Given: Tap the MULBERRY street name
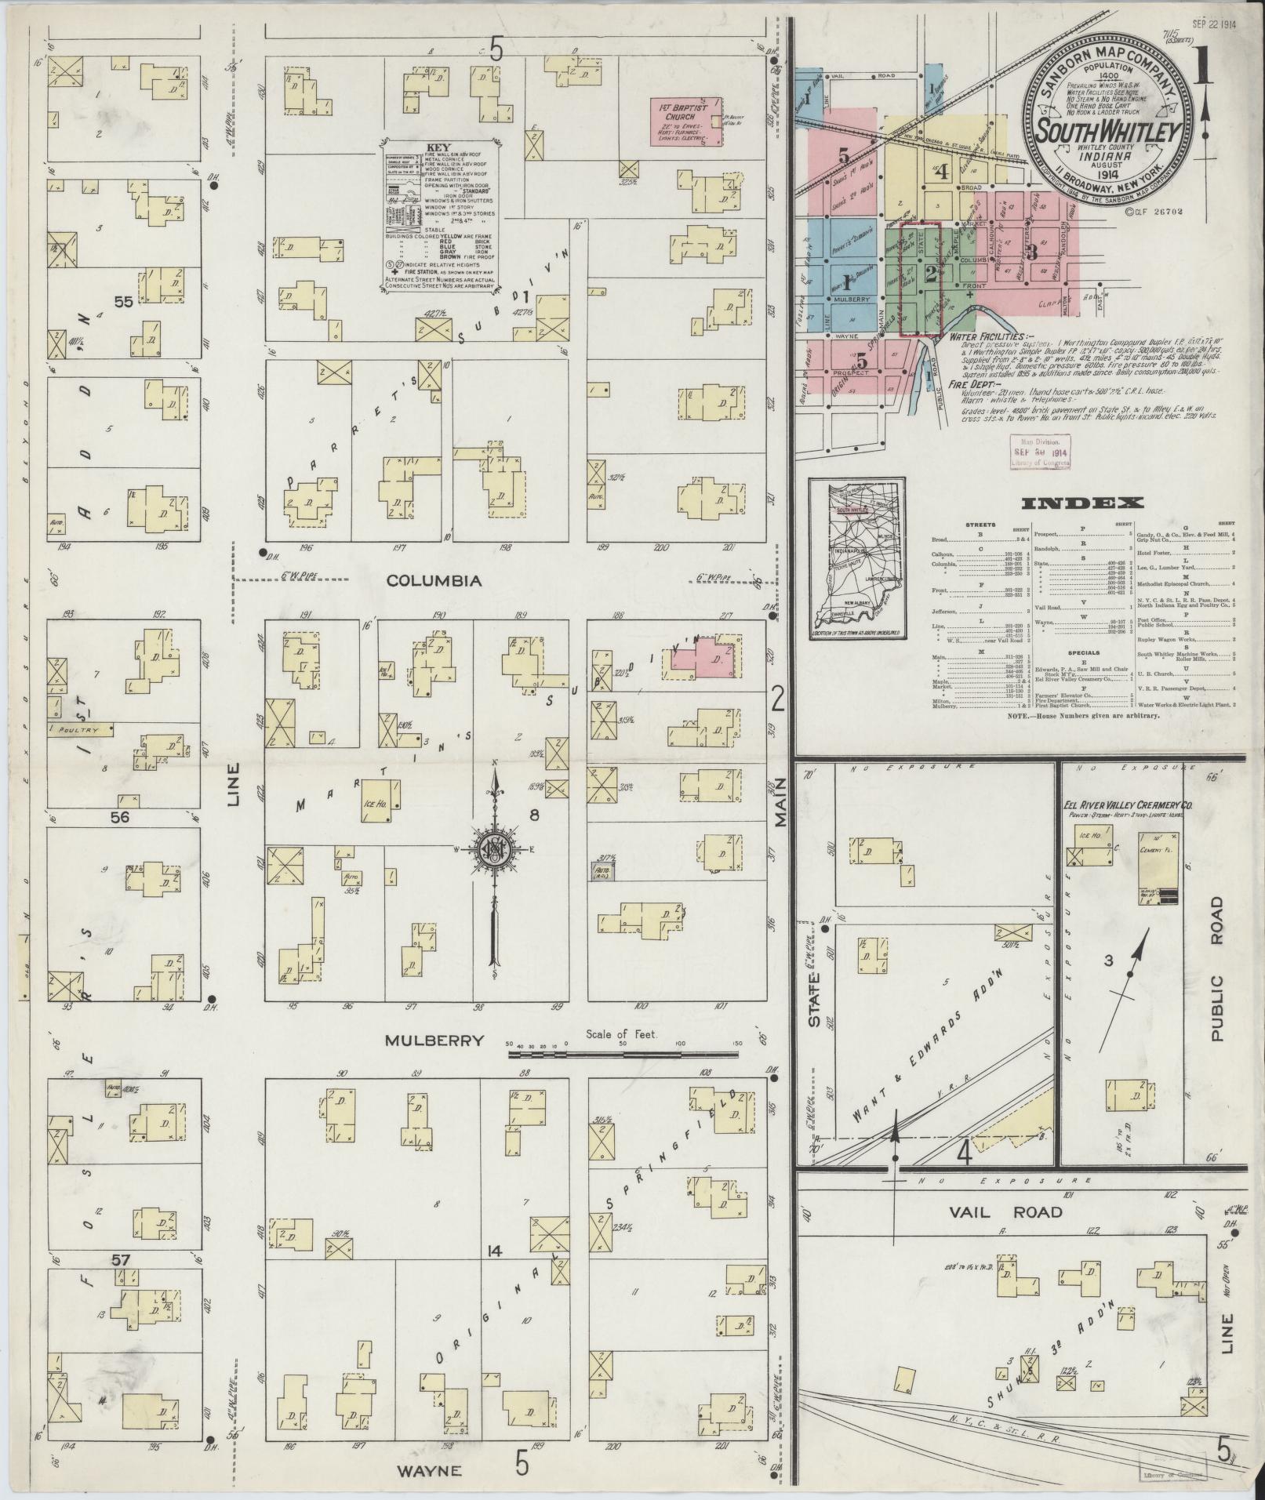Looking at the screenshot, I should click(434, 1041).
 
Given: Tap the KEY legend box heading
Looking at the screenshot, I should click(437, 147).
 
